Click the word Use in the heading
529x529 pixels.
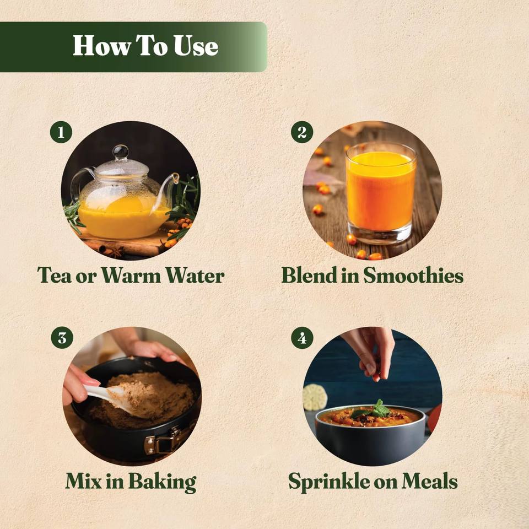(x=196, y=46)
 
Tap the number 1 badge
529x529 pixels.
(x=61, y=132)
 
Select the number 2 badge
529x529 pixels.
(x=302, y=132)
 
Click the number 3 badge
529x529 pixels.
(x=62, y=338)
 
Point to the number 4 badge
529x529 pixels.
(x=303, y=338)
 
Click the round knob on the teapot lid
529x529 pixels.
(x=121, y=152)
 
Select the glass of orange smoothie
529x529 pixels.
(x=381, y=193)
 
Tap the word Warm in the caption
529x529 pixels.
(x=131, y=276)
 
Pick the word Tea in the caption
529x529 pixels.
(x=55, y=276)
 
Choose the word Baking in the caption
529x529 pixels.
(x=162, y=482)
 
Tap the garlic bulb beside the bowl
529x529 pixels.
(x=315, y=397)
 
